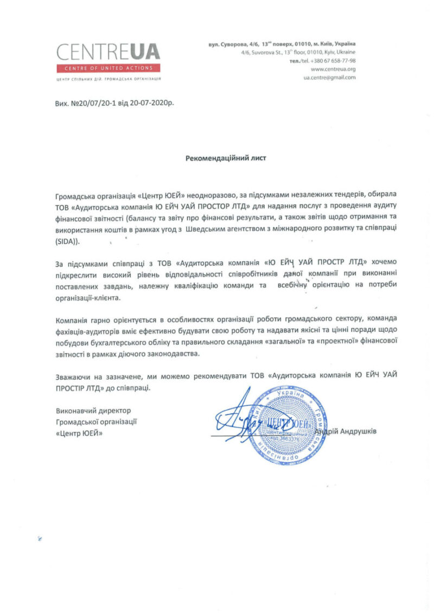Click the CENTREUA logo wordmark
pos(108,52)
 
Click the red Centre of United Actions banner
pos(108,68)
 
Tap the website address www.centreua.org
pos(333,70)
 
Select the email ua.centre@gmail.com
pos(329,78)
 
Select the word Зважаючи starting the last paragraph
pos(72,377)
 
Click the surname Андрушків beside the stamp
pos(355,431)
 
